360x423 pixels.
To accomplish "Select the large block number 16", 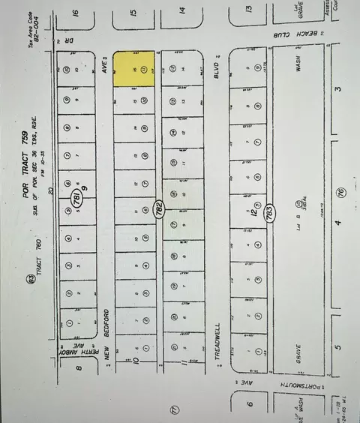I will click(75, 13).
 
